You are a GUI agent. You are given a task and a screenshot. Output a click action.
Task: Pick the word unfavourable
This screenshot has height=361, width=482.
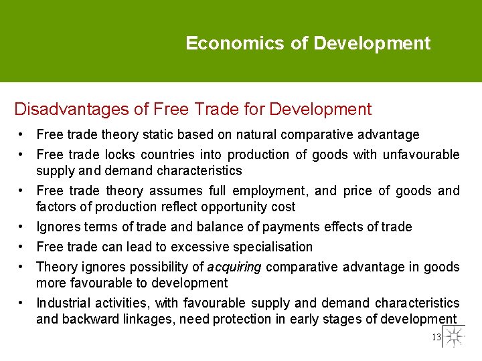421,155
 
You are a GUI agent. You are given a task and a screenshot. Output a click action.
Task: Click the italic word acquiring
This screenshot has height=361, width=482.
234,267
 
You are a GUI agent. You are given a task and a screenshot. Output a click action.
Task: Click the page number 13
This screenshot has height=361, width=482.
436,338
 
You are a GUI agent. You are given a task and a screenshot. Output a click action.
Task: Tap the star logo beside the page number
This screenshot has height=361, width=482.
455,336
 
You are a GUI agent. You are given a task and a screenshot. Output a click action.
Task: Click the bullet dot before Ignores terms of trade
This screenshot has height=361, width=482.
23,227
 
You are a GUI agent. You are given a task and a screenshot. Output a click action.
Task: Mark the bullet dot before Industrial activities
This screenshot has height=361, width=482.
23,304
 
